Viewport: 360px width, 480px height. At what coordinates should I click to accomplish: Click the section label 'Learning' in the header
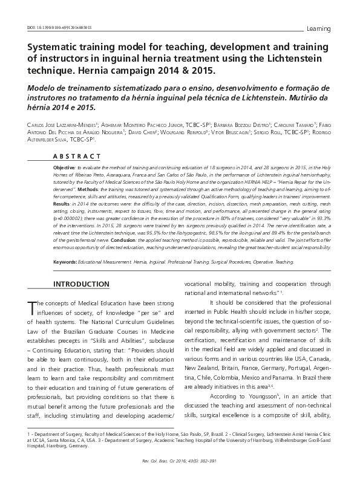(x=319, y=28)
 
